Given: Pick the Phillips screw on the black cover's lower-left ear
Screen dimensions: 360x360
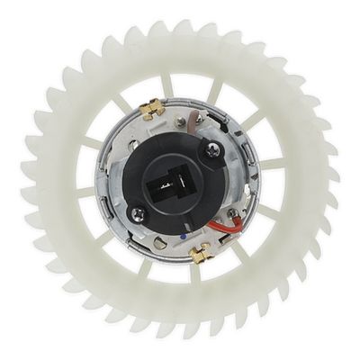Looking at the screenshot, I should tap(138, 213).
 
